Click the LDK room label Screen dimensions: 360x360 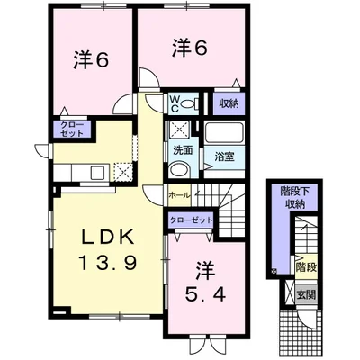108,238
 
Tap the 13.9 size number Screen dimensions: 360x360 108,262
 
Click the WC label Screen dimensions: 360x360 175,103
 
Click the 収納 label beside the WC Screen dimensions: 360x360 229,104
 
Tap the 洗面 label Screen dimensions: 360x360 183,150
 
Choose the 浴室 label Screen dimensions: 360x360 224,157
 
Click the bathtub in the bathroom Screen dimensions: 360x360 223,133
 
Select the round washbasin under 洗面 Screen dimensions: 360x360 179,170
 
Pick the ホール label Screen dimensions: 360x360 179,195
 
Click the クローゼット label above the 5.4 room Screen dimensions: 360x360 191,220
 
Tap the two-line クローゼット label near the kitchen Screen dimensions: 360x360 71,129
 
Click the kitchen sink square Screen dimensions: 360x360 97,173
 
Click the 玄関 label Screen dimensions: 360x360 306,295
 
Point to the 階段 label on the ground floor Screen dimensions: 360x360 306,267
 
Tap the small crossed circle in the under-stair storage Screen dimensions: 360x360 274,272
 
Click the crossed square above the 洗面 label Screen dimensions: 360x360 179,130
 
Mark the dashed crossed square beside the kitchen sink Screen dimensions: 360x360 123,172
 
